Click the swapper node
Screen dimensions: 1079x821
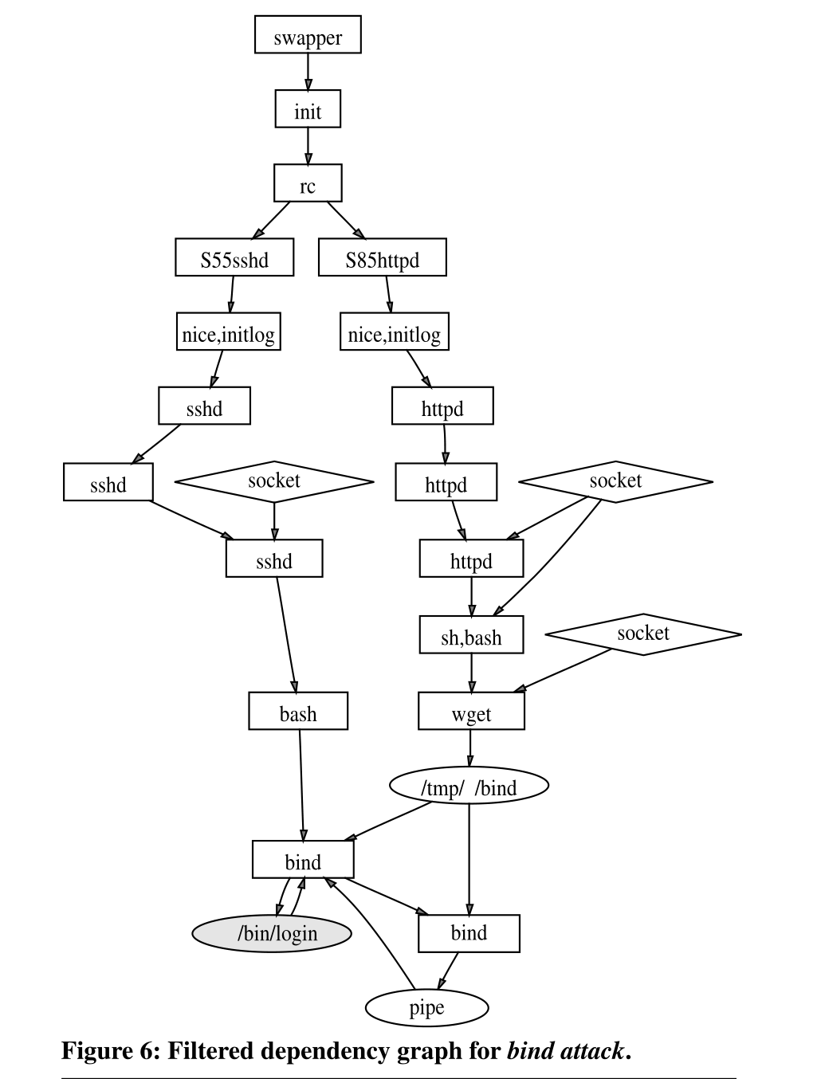point(308,35)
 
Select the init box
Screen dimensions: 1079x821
point(308,109)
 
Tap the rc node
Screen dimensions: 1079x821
point(308,183)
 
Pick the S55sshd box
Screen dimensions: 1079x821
point(234,257)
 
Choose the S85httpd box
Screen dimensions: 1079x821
point(382,257)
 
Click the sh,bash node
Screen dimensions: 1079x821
point(471,635)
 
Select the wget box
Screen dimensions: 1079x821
point(471,711)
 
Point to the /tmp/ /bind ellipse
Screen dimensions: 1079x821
point(469,786)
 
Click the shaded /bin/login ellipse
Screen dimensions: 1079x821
point(272,933)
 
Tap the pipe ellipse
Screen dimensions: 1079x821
point(426,1007)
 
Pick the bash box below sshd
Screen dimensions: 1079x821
point(298,711)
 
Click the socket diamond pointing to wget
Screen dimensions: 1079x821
point(643,634)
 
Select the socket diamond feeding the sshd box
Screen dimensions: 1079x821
point(274,481)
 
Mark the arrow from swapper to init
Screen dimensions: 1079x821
point(308,73)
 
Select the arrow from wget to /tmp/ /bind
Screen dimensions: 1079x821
point(470,749)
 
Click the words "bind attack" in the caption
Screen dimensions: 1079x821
point(565,1051)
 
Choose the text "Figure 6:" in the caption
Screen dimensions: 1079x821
point(111,1051)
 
